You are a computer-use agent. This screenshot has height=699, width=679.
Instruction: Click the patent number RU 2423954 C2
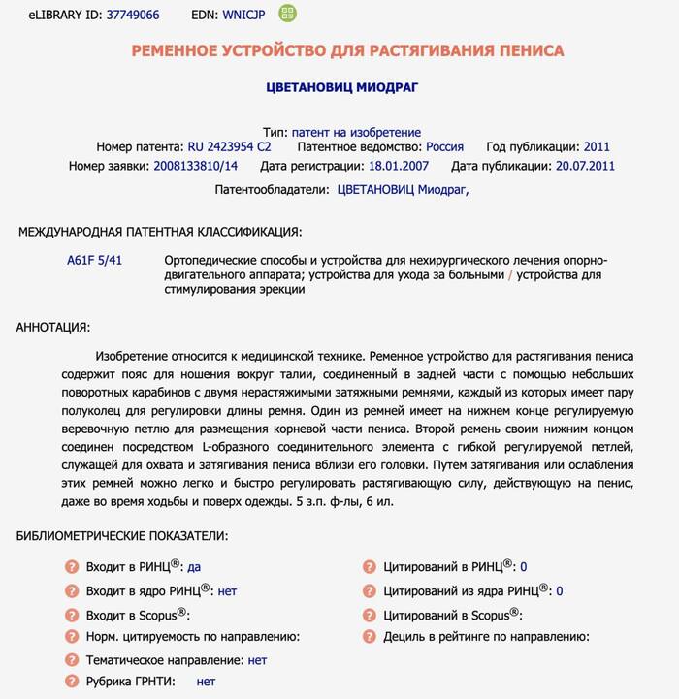(230, 147)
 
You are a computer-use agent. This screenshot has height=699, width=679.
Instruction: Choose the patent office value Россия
(444, 147)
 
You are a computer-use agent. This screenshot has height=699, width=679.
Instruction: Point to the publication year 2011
(597, 147)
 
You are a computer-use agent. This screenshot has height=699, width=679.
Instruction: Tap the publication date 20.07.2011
(585, 166)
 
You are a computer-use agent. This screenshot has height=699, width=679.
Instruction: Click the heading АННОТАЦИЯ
(53, 327)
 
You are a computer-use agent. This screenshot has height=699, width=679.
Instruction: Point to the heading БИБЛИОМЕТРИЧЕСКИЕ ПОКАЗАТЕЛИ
(122, 535)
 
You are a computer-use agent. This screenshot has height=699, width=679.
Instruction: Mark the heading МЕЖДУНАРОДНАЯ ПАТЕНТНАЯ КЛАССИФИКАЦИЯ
(160, 232)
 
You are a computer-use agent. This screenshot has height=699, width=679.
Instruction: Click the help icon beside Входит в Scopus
(71, 615)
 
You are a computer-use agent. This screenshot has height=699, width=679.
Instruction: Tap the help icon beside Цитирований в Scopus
(369, 615)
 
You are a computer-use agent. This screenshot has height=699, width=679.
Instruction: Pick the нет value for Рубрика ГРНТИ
(206, 682)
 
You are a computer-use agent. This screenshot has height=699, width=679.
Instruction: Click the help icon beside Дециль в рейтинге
(369, 637)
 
